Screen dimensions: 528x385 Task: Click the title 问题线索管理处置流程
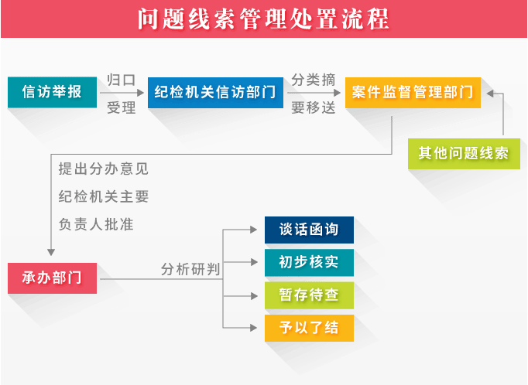(x=263, y=19)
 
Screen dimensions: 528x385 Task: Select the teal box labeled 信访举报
(x=52, y=92)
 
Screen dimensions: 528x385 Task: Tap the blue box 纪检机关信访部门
(x=215, y=93)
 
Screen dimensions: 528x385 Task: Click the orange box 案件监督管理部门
(x=413, y=93)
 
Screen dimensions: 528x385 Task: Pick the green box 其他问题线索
(x=464, y=154)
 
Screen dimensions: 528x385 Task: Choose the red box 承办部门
(x=52, y=278)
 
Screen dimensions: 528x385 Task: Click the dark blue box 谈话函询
(x=309, y=230)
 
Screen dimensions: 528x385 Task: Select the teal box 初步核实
(x=309, y=263)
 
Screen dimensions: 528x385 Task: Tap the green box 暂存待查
(x=309, y=295)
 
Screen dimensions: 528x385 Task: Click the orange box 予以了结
(x=309, y=328)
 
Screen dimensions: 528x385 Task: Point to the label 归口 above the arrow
(x=122, y=80)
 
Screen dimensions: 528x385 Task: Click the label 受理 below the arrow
(x=122, y=108)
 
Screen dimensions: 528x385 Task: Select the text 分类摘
(x=314, y=80)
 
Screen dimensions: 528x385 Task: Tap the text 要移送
(x=314, y=108)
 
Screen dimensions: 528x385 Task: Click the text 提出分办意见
(x=104, y=169)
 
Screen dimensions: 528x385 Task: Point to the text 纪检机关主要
(x=104, y=196)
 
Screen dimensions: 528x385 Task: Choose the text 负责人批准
(x=96, y=224)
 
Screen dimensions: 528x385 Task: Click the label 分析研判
(x=190, y=269)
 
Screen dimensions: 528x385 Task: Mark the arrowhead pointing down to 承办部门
(x=51, y=252)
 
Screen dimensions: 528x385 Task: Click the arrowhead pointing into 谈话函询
(x=254, y=230)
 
